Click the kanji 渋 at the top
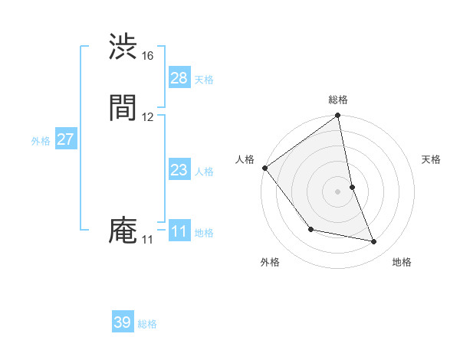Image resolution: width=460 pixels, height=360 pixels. pyautogui.click(x=123, y=47)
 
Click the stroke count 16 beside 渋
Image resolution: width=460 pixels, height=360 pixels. pyautogui.click(x=148, y=56)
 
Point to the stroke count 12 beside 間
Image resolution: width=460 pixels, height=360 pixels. pyautogui.click(x=148, y=116)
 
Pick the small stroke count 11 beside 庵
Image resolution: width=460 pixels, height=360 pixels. pyautogui.click(x=147, y=240)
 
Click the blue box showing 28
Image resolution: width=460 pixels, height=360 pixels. pyautogui.click(x=179, y=78)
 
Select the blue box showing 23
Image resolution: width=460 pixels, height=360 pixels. pyautogui.click(x=179, y=170)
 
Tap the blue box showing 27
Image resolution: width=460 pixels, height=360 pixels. pyautogui.click(x=66, y=139)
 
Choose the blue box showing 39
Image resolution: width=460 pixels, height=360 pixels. pyautogui.click(x=123, y=322)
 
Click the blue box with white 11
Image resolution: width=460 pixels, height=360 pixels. pyautogui.click(x=179, y=231)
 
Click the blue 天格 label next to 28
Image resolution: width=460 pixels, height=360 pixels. pyautogui.click(x=204, y=80)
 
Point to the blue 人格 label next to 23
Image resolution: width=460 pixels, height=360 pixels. pyautogui.click(x=204, y=172)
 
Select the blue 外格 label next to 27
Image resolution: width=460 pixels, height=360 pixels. pyautogui.click(x=41, y=141)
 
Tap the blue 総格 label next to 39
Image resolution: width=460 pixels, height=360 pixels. pyautogui.click(x=147, y=324)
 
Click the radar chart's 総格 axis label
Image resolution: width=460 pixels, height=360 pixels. pyautogui.click(x=338, y=100)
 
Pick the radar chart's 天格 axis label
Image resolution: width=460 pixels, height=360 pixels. pyautogui.click(x=432, y=159)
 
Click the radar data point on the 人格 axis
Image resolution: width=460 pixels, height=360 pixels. pyautogui.click(x=264, y=168)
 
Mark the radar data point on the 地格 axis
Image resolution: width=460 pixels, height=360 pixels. pyautogui.click(x=374, y=242)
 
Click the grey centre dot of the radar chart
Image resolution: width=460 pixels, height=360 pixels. pyautogui.click(x=338, y=191)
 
